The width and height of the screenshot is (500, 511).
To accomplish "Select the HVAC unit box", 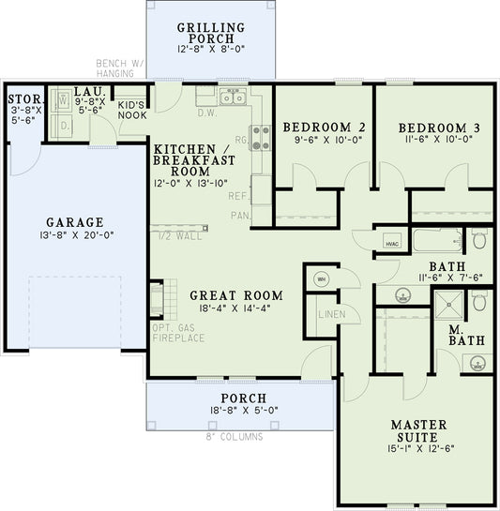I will pos(391,243).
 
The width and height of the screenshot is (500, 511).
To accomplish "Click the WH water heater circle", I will pos(320,278).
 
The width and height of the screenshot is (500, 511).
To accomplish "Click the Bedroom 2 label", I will pos(324,128).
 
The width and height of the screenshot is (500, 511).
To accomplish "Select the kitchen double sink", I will pos(233,98).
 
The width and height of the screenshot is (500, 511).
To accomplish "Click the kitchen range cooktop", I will pos(258,139).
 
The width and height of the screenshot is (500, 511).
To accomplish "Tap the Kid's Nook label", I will pos(131,111).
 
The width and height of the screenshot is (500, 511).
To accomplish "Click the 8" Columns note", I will pos(235,437).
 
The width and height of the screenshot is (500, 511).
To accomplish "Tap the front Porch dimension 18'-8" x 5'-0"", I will pos(239,410).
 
